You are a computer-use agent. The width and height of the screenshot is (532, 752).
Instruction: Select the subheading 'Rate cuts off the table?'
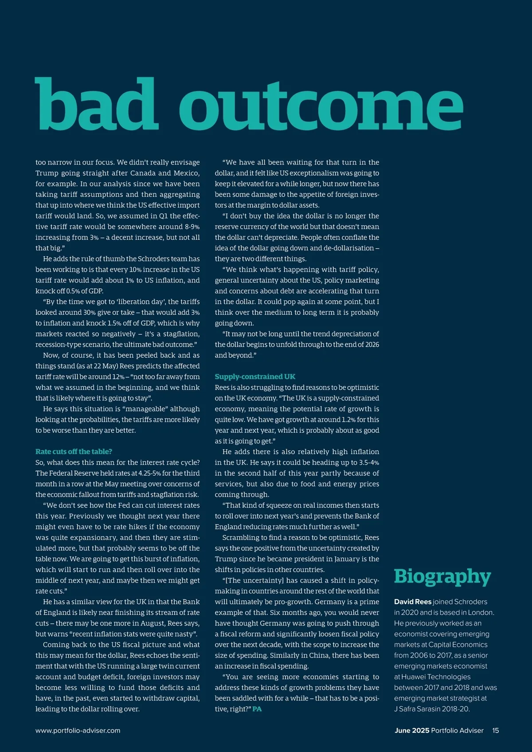click(x=74, y=451)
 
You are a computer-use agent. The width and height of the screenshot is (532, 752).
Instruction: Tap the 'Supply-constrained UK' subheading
click(x=255, y=376)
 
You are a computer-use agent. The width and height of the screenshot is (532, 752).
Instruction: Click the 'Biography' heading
click(x=442, y=576)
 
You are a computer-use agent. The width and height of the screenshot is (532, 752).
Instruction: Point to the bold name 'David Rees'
click(x=413, y=602)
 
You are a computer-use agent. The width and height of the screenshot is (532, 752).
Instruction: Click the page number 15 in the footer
click(x=495, y=730)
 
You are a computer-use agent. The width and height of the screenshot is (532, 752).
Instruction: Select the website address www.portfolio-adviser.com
click(x=78, y=730)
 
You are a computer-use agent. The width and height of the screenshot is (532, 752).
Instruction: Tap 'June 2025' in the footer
click(x=412, y=730)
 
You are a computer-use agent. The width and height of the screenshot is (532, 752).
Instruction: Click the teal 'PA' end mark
click(x=257, y=709)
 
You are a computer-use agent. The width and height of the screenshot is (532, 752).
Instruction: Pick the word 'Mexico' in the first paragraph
click(x=185, y=173)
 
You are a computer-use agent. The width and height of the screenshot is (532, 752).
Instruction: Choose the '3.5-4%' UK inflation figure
click(x=369, y=462)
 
